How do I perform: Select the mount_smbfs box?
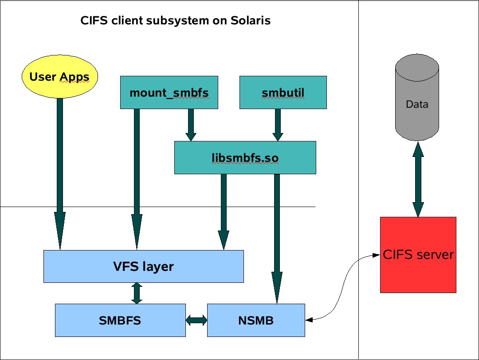pos(169,92)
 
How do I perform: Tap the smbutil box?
pos(283,92)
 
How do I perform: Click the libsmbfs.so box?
pos(245,157)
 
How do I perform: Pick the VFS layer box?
pos(143,266)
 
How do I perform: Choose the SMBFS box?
pos(120,320)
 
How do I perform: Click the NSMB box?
pos(256,320)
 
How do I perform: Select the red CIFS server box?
pos(418,255)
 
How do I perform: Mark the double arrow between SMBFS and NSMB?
pos(196,320)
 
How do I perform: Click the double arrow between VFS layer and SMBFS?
pos(137,293)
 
